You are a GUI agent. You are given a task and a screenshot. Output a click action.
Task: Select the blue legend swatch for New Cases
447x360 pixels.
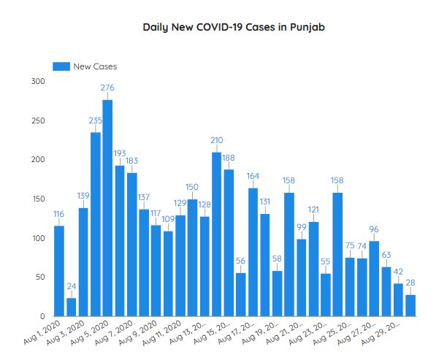coord(61,66)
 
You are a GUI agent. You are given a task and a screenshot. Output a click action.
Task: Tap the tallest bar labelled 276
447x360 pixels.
coord(107,208)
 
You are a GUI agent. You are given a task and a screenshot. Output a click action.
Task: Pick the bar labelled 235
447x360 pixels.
coord(96,224)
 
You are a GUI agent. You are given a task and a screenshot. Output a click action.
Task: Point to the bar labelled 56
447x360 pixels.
coord(240,294)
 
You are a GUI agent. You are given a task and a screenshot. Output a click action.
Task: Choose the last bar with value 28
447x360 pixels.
coord(410,305)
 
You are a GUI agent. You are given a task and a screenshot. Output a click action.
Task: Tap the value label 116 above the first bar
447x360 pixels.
coord(59,213)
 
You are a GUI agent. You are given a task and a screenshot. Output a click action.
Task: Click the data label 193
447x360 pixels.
coord(120,153)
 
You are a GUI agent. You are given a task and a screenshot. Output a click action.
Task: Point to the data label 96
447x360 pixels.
coord(374,229)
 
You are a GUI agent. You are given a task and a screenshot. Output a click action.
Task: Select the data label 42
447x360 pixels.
coord(398,271)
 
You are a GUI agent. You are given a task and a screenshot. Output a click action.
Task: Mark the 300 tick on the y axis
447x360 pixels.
coord(38,81)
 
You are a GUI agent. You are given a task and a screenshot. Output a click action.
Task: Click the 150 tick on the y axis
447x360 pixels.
coord(38,199)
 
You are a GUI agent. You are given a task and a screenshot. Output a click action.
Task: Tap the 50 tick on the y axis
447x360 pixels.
coord(40,277)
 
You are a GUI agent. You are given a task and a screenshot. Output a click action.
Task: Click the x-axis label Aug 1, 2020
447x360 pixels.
coord(42,330)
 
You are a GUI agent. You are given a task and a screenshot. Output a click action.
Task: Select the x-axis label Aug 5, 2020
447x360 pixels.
coord(91,330)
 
